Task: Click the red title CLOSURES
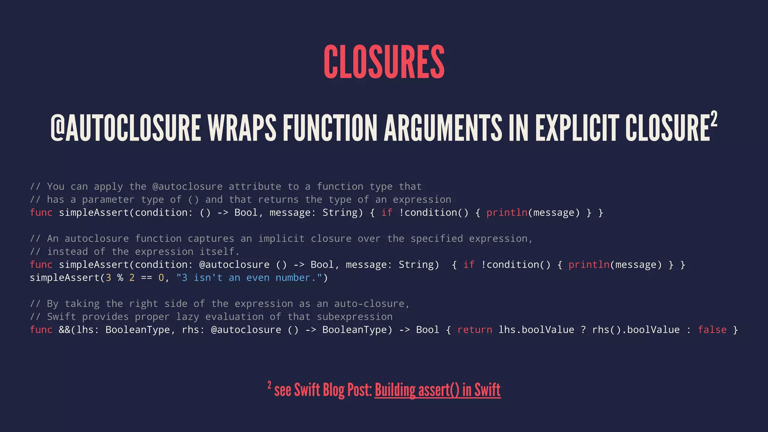384,62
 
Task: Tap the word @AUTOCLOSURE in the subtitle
126,128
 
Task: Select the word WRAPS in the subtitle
242,128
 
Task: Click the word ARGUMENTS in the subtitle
442,128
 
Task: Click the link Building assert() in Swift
437,390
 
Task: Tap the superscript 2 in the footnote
269,385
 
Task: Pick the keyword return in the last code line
474,330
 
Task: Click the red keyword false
712,330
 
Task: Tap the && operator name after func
64,330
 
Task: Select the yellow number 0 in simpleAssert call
161,278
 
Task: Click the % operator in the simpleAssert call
120,278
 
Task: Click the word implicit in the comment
281,239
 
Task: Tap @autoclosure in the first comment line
187,187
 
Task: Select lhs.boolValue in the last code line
536,330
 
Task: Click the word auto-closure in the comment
369,304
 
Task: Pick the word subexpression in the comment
354,317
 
